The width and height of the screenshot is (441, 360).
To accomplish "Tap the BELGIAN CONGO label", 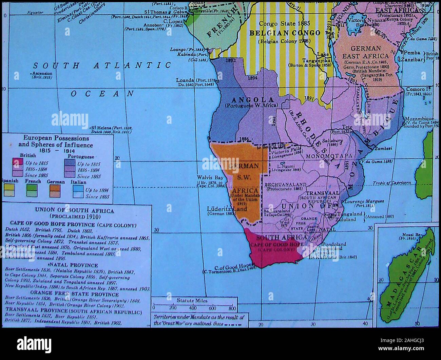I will (x=285, y=33).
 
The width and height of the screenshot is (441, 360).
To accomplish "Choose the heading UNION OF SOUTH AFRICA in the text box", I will (x=74, y=210).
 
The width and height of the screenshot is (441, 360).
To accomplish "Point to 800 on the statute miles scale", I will (x=232, y=308).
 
